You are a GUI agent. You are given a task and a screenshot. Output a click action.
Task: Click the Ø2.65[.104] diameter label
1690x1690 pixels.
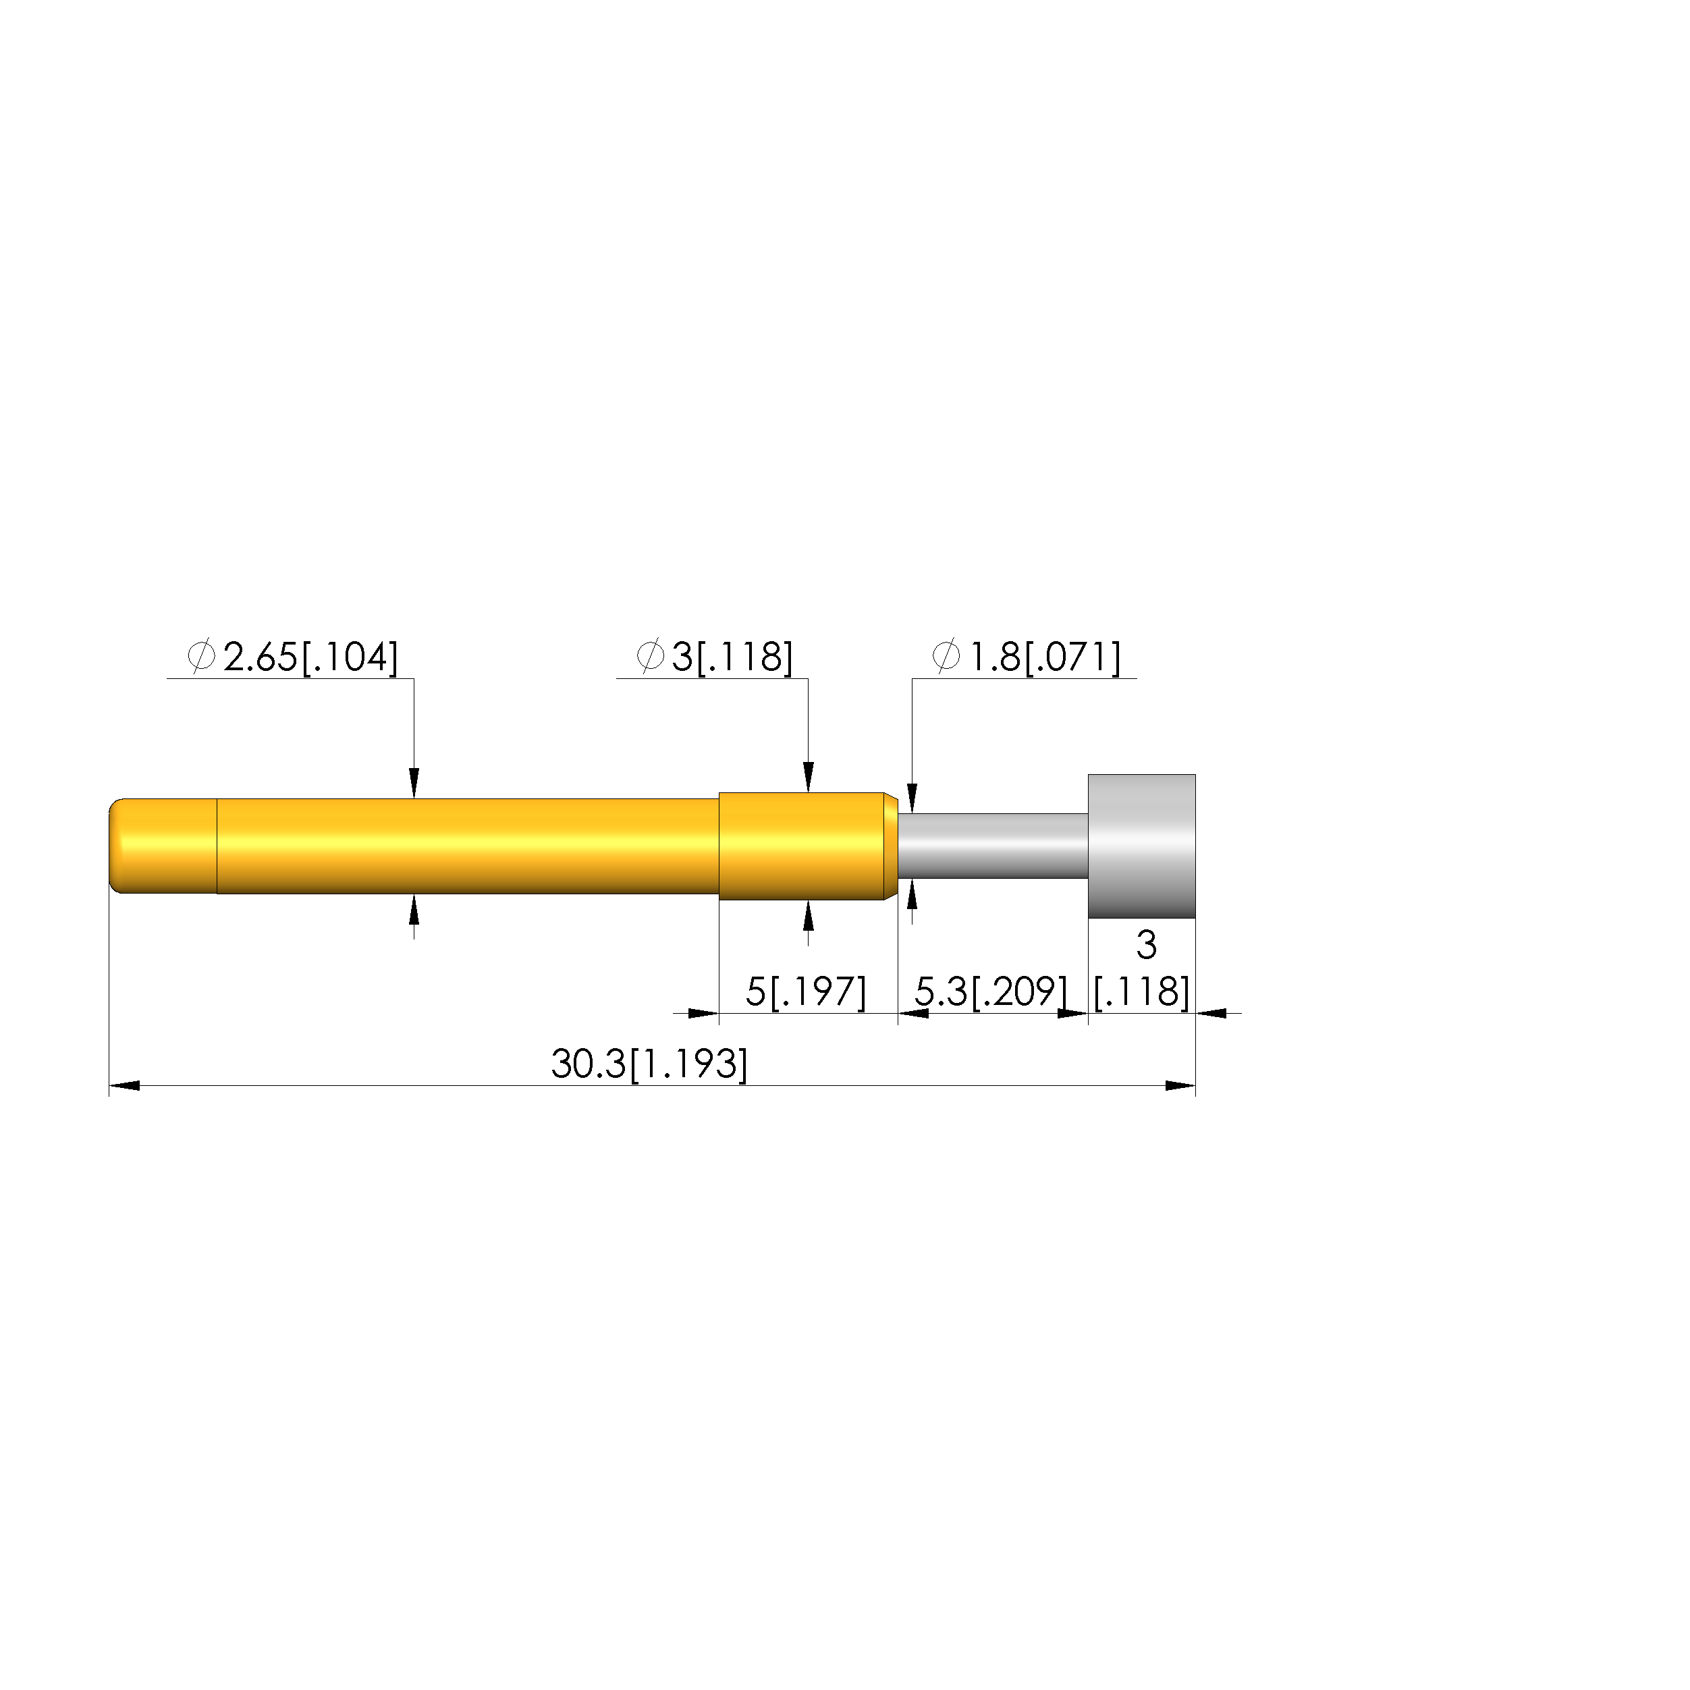pos(293,657)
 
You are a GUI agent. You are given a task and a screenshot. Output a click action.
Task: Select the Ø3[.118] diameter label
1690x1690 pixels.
pos(715,657)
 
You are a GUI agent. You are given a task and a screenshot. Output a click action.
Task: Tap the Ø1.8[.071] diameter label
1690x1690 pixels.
pos(1026,657)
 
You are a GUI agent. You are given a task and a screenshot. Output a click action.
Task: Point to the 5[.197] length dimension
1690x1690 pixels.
pos(806,992)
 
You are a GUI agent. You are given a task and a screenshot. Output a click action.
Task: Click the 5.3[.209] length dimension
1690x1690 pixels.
pos(991,992)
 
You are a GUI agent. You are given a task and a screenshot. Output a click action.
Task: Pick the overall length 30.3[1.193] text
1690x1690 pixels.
pos(649,1064)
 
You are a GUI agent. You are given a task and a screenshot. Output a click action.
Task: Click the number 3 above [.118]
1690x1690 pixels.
pos(1146,945)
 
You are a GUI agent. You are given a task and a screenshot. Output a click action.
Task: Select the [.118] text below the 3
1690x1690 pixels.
pos(1141,992)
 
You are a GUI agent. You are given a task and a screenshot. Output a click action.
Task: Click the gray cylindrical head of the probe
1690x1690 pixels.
pos(1141,846)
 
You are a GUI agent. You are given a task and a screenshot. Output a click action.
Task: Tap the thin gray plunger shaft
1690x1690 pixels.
pos(993,846)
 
